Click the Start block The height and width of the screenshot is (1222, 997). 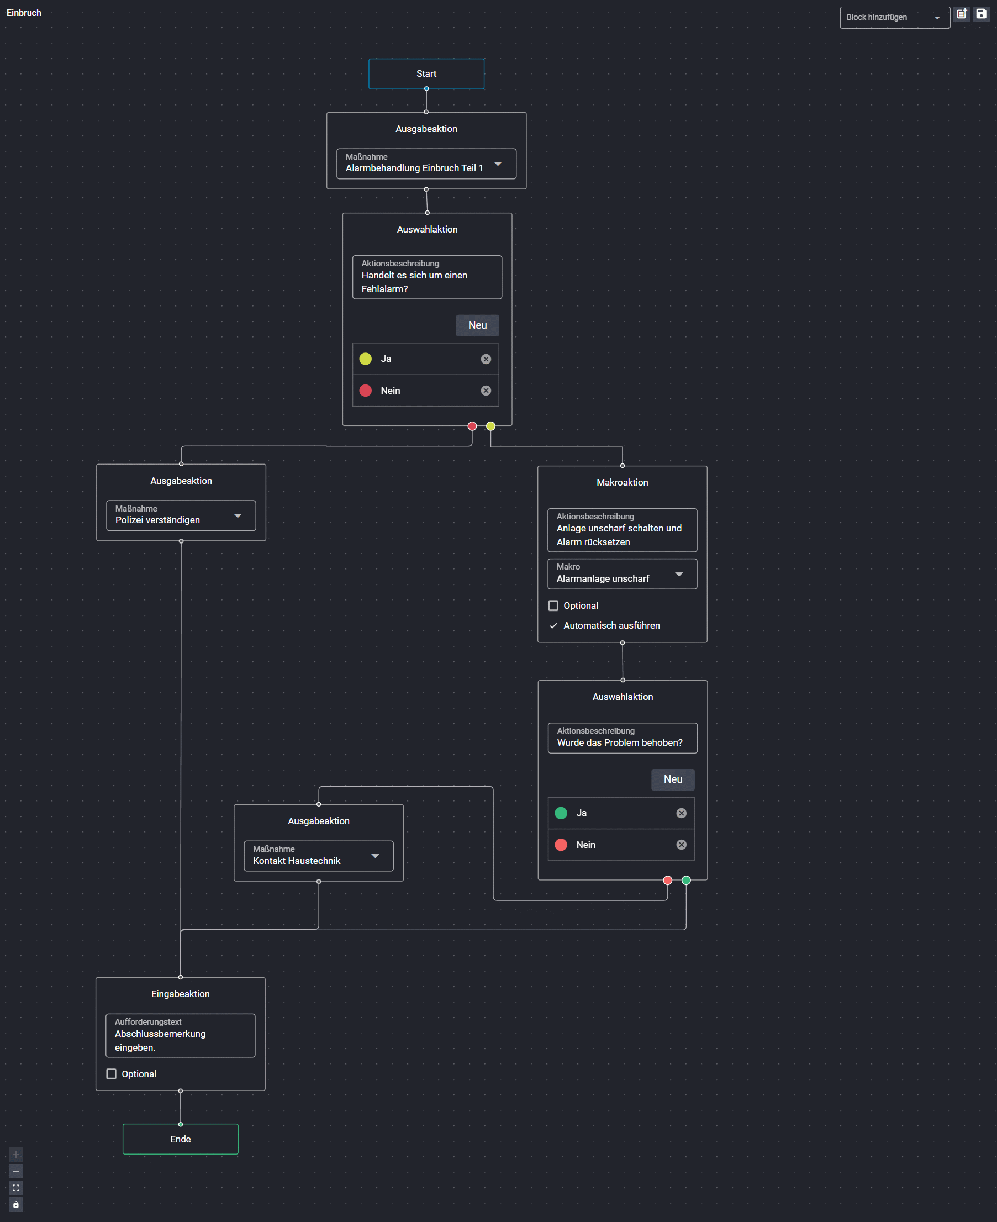426,73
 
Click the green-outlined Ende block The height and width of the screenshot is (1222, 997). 180,1139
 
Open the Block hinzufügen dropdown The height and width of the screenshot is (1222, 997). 894,17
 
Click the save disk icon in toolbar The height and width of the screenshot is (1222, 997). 981,14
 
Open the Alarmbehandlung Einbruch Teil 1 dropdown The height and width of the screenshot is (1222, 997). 426,164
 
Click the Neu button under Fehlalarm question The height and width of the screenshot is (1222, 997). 477,325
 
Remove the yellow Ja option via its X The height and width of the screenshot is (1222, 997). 486,359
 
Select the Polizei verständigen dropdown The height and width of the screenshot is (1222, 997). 181,515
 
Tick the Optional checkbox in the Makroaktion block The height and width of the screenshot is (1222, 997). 553,605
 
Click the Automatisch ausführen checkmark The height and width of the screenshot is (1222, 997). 553,625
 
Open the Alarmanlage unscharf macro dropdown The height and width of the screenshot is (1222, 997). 622,573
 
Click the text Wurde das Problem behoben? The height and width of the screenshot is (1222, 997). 620,742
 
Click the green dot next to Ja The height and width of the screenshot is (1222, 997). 561,813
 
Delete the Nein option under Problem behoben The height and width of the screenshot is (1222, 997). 681,845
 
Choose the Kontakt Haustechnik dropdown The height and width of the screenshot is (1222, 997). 319,856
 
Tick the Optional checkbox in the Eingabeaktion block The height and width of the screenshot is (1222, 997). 112,1074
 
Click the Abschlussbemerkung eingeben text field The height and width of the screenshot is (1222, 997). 180,1035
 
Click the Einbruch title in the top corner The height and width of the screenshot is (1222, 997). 24,13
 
